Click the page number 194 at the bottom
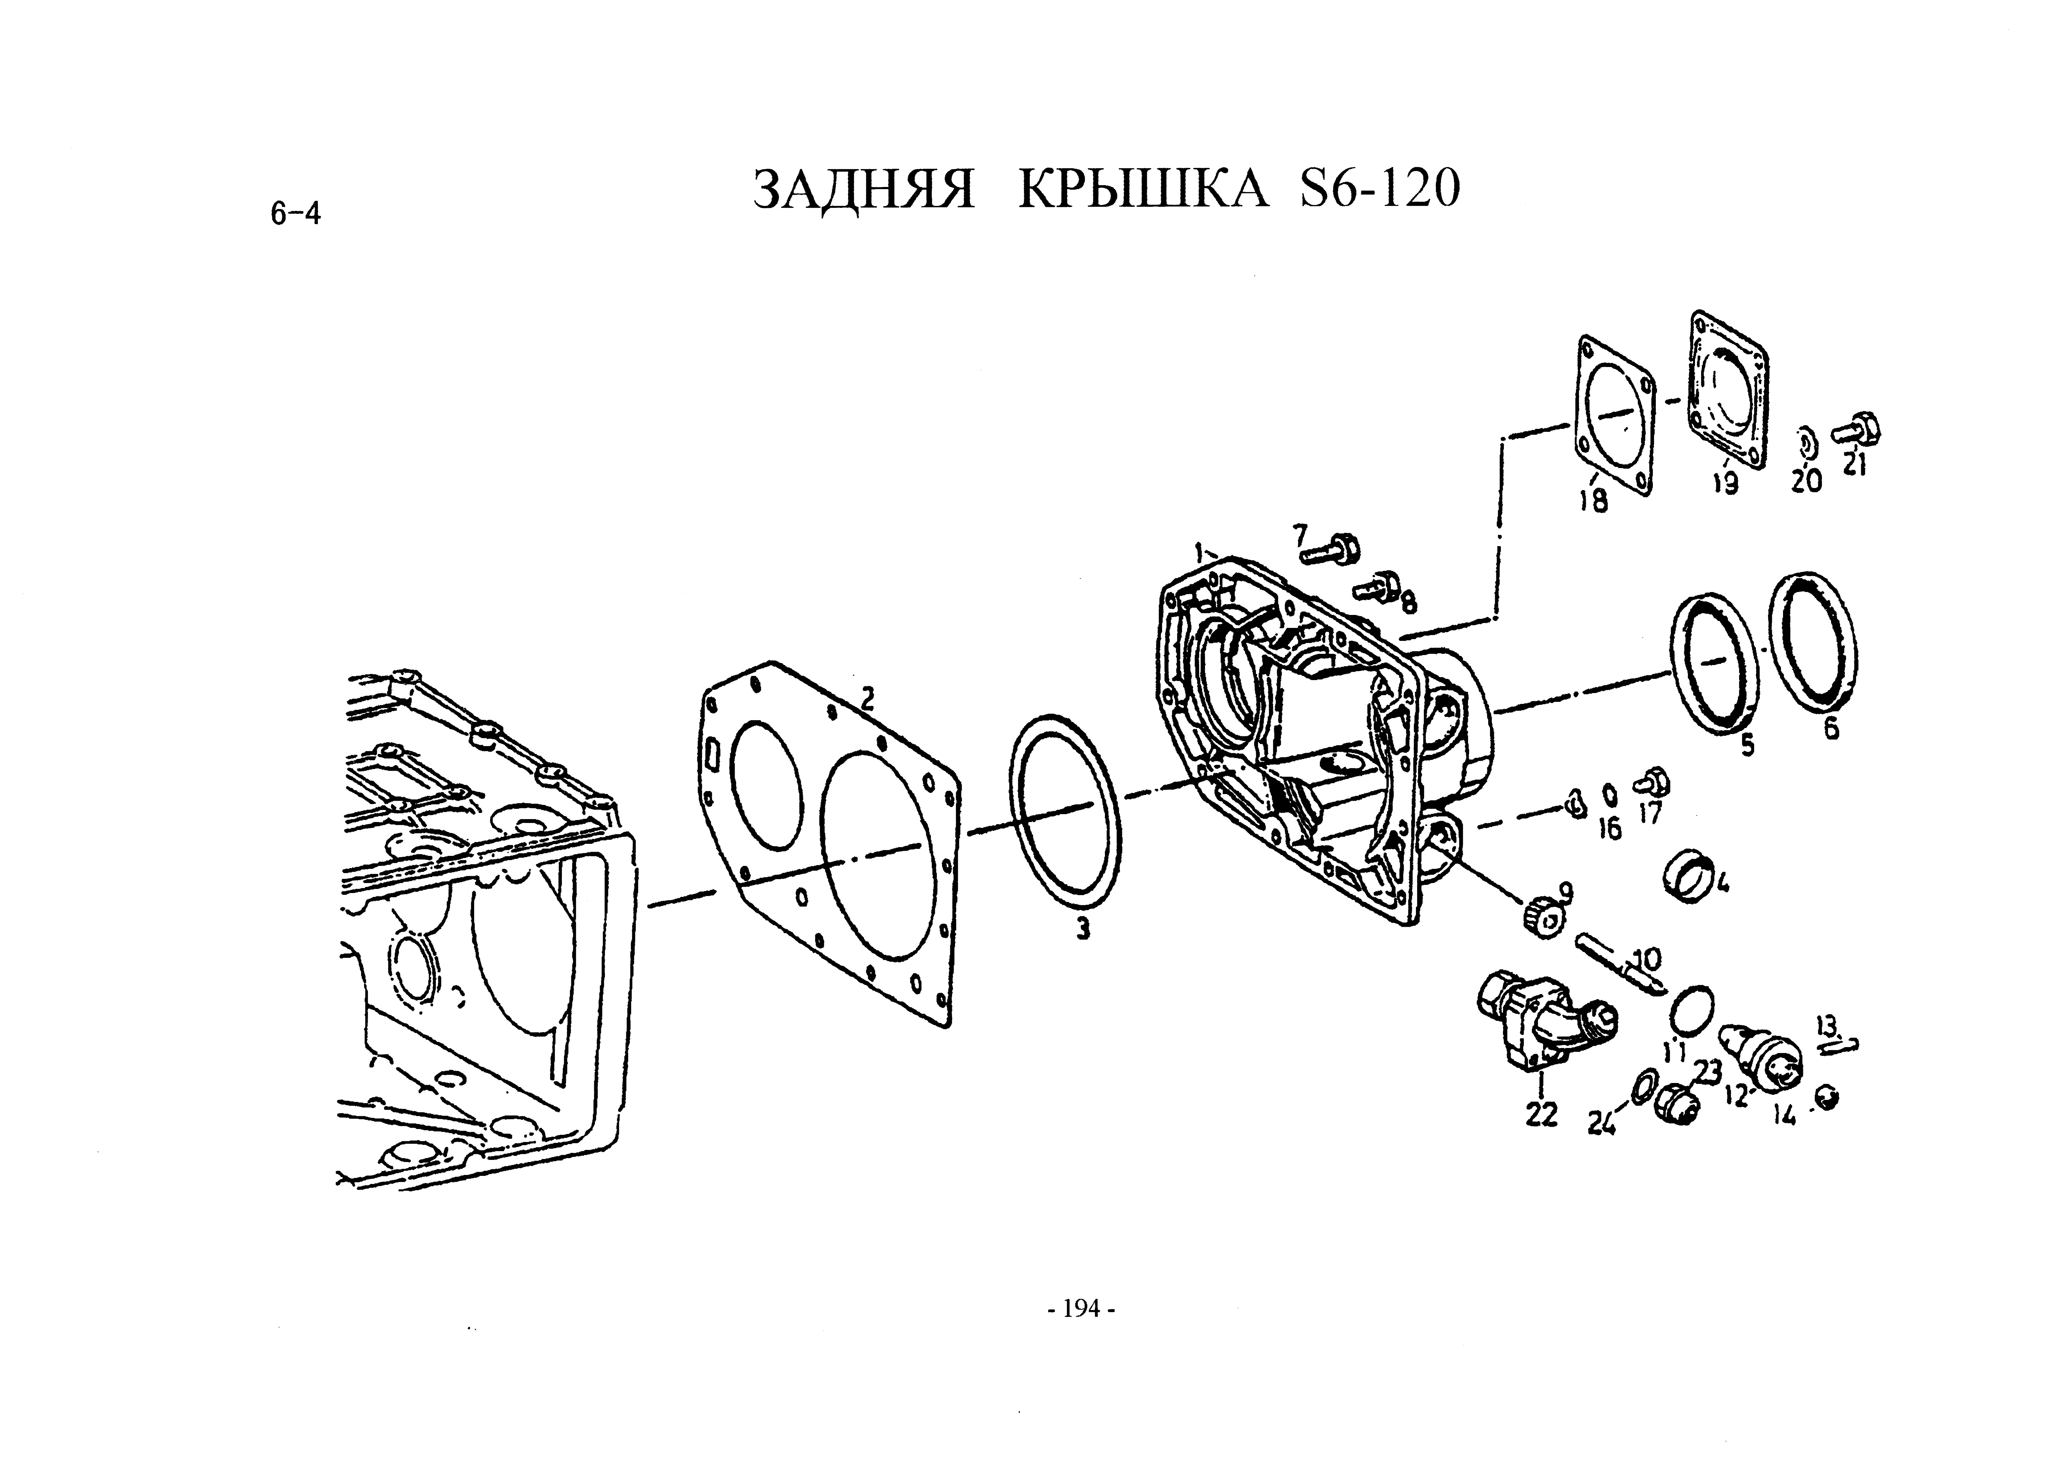pyautogui.click(x=1081, y=1308)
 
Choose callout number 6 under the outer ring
pyautogui.click(x=1832, y=728)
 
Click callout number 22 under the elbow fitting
pyautogui.click(x=1541, y=1115)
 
